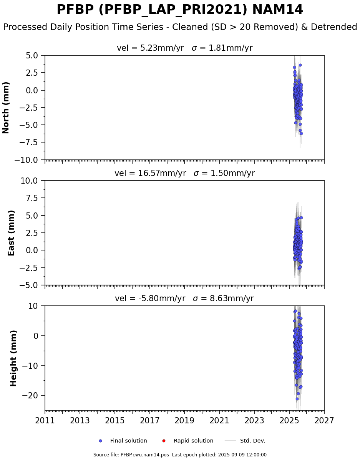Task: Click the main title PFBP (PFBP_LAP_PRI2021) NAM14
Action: point(180,10)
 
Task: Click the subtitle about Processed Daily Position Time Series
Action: point(180,27)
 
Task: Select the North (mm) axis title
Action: point(6,108)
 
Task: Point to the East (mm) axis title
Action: point(12,233)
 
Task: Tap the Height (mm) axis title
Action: point(14,358)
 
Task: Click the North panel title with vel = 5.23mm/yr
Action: point(184,48)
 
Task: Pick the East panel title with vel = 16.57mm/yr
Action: point(184,173)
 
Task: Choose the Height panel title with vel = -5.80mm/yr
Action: point(184,298)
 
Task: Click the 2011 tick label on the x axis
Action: point(45,421)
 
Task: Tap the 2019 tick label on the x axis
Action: point(185,421)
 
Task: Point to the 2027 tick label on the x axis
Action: point(324,421)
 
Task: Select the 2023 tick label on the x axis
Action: point(254,421)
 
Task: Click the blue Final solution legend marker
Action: point(100,441)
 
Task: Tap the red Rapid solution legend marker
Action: point(164,441)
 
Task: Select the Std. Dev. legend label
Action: point(252,441)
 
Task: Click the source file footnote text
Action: point(180,455)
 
